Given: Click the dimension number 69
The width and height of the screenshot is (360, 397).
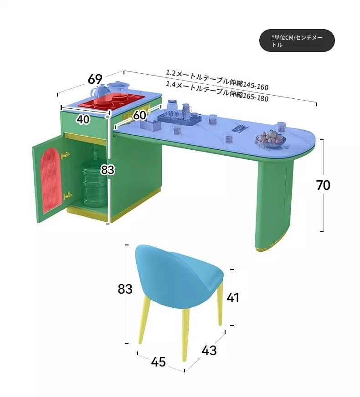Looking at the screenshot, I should click(x=95, y=79).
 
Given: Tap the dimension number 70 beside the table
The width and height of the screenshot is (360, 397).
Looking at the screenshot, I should click(x=323, y=185).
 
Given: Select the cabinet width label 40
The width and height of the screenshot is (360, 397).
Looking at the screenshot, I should click(x=82, y=119).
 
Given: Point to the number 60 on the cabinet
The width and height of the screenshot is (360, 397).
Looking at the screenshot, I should click(x=139, y=116).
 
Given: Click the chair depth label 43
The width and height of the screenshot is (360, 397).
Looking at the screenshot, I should click(x=209, y=351).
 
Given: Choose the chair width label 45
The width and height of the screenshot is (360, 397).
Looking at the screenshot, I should click(x=158, y=362).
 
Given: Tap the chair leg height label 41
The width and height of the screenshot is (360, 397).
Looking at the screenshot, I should click(x=233, y=298).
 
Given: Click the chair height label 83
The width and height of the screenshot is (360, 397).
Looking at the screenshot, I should click(x=125, y=289).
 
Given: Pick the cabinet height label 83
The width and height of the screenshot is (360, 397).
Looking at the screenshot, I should click(x=107, y=170).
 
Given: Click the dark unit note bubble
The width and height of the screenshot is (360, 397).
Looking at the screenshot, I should click(x=297, y=41).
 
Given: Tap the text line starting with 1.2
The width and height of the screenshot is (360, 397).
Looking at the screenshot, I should click(x=217, y=80).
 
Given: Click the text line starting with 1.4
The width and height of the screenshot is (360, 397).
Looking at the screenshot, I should click(x=217, y=91).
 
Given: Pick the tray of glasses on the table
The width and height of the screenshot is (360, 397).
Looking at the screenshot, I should click(x=179, y=117).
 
